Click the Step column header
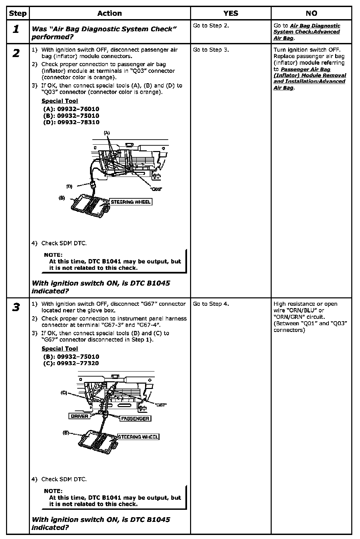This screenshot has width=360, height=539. pyautogui.click(x=17, y=13)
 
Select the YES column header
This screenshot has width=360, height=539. pyautogui.click(x=231, y=13)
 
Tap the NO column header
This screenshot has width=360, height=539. pyautogui.click(x=311, y=13)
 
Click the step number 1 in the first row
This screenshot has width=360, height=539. pyautogui.click(x=16, y=29)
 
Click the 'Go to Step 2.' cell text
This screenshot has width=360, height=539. pyautogui.click(x=211, y=26)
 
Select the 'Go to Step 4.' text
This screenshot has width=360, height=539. pyautogui.click(x=211, y=304)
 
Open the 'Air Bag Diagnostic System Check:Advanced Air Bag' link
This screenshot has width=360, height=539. pyautogui.click(x=307, y=32)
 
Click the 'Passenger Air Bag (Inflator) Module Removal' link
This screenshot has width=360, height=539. pyautogui.click(x=310, y=76)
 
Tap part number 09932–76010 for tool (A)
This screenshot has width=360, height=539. pyautogui.click(x=78, y=109)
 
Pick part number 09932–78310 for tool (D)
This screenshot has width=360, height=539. pyautogui.click(x=78, y=122)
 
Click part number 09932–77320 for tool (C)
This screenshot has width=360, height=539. pyautogui.click(x=78, y=363)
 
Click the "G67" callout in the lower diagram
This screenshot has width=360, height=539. pyautogui.click(x=161, y=405)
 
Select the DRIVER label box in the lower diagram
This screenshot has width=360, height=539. pyautogui.click(x=80, y=416)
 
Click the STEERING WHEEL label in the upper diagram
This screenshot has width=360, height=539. pyautogui.click(x=131, y=202)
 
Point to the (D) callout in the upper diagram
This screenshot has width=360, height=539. pyautogui.click(x=69, y=186)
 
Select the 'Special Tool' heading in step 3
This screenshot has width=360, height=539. pyautogui.click(x=60, y=349)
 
